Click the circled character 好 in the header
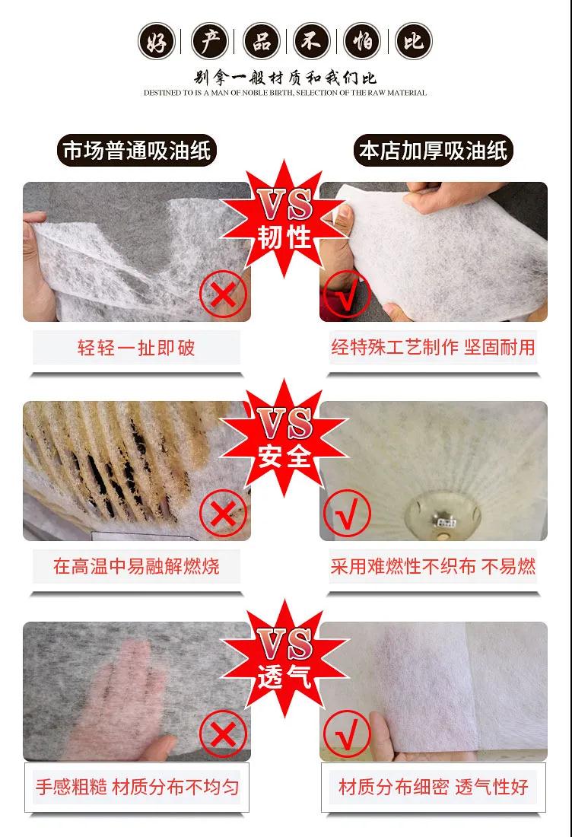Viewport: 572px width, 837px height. click(x=157, y=41)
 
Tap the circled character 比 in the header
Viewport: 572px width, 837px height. click(x=414, y=41)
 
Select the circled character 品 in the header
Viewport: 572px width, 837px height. click(x=260, y=41)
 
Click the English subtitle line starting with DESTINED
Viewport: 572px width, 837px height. click(x=285, y=93)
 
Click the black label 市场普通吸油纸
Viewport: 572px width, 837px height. click(x=137, y=151)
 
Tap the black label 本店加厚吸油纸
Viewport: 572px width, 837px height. click(x=433, y=151)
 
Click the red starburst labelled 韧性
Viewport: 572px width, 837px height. click(x=284, y=219)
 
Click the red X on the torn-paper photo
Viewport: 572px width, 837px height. click(x=223, y=294)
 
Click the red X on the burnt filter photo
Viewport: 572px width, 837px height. click(x=223, y=514)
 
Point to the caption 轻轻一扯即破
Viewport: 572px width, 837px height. click(x=136, y=348)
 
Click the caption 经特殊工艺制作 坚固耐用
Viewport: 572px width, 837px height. click(x=433, y=348)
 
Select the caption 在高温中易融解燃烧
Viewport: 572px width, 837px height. click(x=136, y=566)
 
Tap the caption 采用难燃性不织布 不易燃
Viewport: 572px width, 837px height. click(x=433, y=566)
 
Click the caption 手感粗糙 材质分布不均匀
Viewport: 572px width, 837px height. click(x=137, y=787)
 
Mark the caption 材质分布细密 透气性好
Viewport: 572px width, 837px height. click(x=434, y=787)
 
